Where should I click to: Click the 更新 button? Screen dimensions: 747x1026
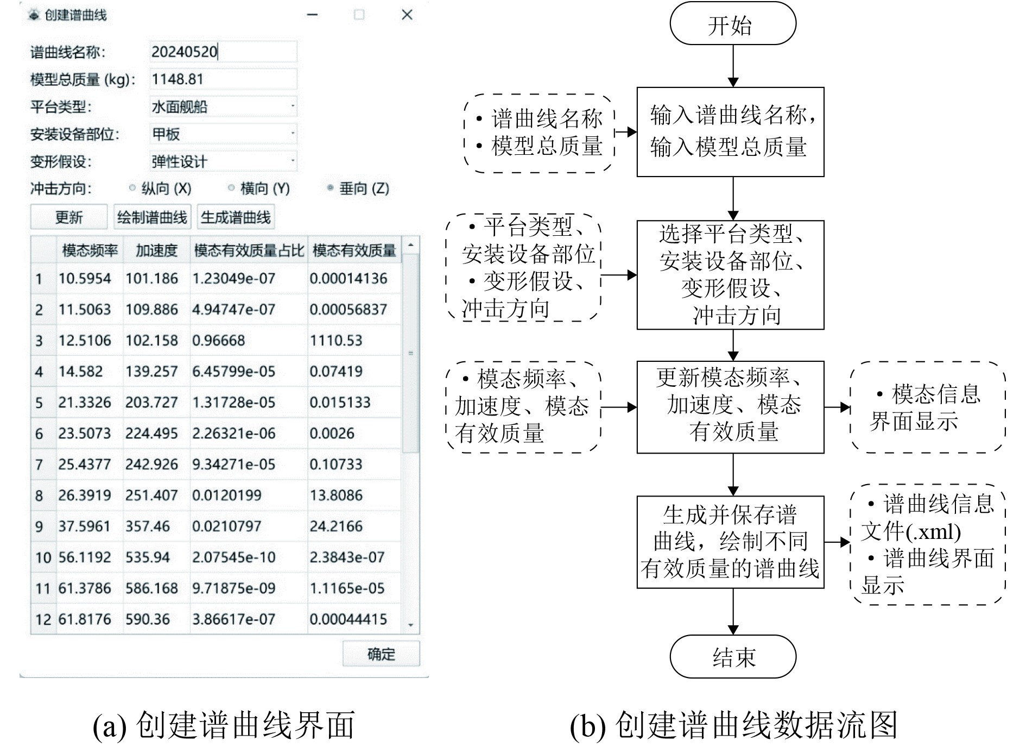[68, 217]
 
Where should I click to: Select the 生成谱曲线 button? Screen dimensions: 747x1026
[236, 217]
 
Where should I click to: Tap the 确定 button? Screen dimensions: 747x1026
[381, 654]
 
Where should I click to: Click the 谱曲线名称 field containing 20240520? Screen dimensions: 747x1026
[223, 52]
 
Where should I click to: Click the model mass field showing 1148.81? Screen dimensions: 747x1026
[223, 79]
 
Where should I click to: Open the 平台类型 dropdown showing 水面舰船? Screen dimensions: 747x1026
[223, 106]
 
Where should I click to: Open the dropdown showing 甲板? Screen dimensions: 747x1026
[223, 134]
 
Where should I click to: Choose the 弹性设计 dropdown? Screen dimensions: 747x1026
[223, 161]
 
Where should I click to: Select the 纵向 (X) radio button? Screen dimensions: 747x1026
[132, 189]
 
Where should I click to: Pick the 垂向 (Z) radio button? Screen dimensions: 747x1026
[330, 189]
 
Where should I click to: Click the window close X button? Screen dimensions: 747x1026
[407, 15]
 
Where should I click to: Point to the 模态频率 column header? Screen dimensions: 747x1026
[90, 250]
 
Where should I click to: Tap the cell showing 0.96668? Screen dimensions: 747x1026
[218, 341]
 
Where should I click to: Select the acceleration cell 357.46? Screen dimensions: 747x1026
[148, 526]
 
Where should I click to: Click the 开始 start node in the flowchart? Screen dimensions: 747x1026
[732, 24]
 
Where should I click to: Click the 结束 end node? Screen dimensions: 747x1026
[732, 657]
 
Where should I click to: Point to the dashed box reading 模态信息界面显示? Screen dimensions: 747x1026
[927, 407]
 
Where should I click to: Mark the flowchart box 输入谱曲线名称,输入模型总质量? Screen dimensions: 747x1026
[730, 132]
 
